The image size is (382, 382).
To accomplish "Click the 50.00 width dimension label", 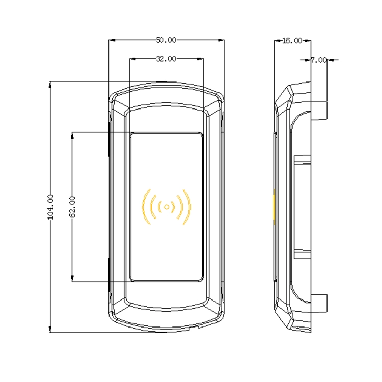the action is coord(166,40).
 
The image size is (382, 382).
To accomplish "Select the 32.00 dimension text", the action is coord(166,59).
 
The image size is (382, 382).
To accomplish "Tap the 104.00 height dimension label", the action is coord(50,207).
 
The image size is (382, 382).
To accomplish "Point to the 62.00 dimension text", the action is coord(72,207).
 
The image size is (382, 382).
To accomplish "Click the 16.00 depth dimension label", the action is coord(292,41).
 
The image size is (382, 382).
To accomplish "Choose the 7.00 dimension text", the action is coord(319,60).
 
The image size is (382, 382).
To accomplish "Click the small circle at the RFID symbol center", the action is coord(167,207).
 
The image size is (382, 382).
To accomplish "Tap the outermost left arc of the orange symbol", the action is coord(145,207).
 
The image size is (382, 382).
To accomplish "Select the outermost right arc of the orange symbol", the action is coord(188,207).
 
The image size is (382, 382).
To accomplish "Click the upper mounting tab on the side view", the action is coord(319,111).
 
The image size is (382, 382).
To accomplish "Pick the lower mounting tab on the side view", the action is coord(319,304).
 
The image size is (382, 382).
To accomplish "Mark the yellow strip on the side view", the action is coord(275,207).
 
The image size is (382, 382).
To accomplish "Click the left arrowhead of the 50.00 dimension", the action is coord(112,40).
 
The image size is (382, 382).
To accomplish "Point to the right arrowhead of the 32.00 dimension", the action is coord(201,59).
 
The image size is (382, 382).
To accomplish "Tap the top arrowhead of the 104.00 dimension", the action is coord(50,85).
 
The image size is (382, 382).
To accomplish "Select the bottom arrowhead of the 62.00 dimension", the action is coord(72,279).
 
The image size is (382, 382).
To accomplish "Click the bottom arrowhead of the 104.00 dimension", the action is coord(50,329).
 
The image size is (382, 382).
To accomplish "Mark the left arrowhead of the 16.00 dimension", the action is coord(278,41).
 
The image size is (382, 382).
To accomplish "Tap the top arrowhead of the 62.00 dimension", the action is coord(72,135).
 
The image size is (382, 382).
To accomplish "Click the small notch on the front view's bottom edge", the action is coord(194,328).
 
